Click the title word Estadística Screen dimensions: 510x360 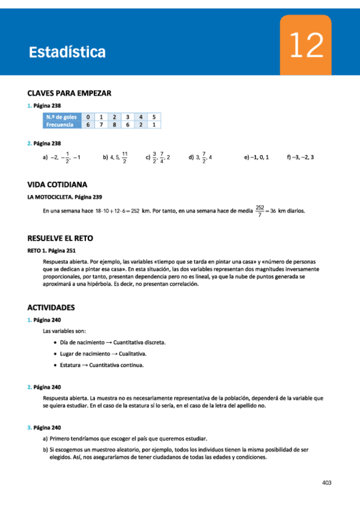(67, 52)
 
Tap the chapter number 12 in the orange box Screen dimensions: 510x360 (305, 46)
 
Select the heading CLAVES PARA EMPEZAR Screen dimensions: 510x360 (70, 93)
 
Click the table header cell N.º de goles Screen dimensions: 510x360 (62, 117)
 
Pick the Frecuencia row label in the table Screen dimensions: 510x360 (62, 125)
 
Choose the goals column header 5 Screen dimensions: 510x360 (154, 117)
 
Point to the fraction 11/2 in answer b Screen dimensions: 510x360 (124, 158)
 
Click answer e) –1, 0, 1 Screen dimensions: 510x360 (257, 157)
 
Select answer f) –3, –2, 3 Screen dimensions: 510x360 (301, 157)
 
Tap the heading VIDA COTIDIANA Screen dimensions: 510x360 (58, 185)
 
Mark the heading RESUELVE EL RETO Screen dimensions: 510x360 (60, 238)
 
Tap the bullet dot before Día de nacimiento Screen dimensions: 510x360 (55, 342)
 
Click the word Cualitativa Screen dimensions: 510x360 (135, 354)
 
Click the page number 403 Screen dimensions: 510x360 (327, 482)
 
